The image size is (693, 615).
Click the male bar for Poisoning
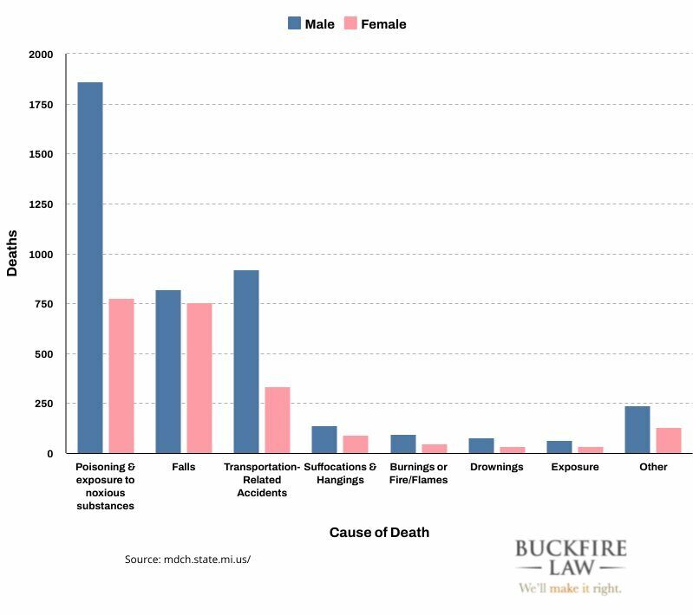coord(90,268)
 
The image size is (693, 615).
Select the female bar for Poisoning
coord(121,376)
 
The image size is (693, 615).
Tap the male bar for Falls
coord(168,372)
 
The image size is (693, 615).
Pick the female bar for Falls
coord(199,379)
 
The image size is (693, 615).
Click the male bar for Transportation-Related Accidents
coord(246,362)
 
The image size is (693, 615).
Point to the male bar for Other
coord(637,430)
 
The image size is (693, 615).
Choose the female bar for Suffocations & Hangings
coord(356,444)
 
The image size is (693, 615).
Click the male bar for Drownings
coord(481,446)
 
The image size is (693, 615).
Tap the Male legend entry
coord(311,24)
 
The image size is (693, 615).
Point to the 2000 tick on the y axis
coord(41,55)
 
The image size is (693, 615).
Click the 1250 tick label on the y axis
coord(41,204)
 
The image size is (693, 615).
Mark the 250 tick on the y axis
coord(43,404)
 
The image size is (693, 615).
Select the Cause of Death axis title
coord(379,532)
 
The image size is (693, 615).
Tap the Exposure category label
coord(574,467)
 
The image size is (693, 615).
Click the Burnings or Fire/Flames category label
coord(419,473)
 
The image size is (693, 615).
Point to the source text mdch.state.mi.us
coord(187,560)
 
